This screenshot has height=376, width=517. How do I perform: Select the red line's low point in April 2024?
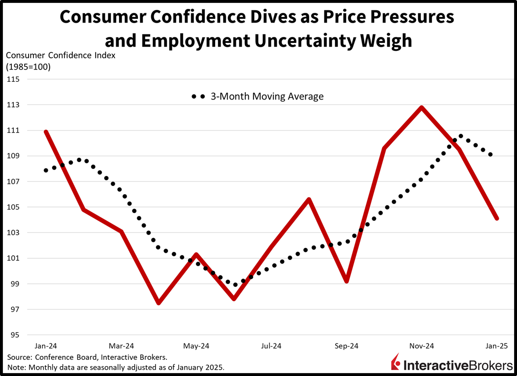click(x=159, y=303)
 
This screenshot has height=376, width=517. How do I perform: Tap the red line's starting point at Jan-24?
click(x=46, y=132)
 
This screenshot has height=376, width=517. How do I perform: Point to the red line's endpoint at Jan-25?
click(x=497, y=218)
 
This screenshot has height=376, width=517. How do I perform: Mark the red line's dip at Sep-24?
click(x=347, y=281)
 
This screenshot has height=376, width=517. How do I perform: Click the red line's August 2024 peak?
click(x=309, y=200)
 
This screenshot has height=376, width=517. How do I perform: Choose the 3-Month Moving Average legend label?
click(x=267, y=97)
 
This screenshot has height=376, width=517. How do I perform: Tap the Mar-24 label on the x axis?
click(x=121, y=346)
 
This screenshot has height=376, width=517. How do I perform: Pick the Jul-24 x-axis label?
click(x=271, y=346)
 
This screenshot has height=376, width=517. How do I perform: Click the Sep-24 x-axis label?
click(x=347, y=346)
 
